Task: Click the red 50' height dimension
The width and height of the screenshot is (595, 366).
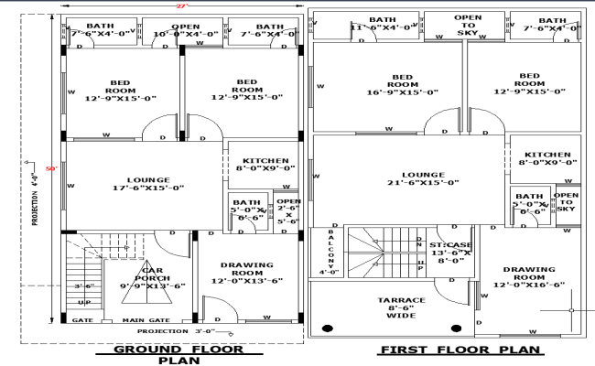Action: pos(52,169)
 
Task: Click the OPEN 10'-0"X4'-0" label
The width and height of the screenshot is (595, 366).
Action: pos(186,30)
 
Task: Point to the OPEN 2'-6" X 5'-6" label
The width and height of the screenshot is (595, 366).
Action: pos(288,211)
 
